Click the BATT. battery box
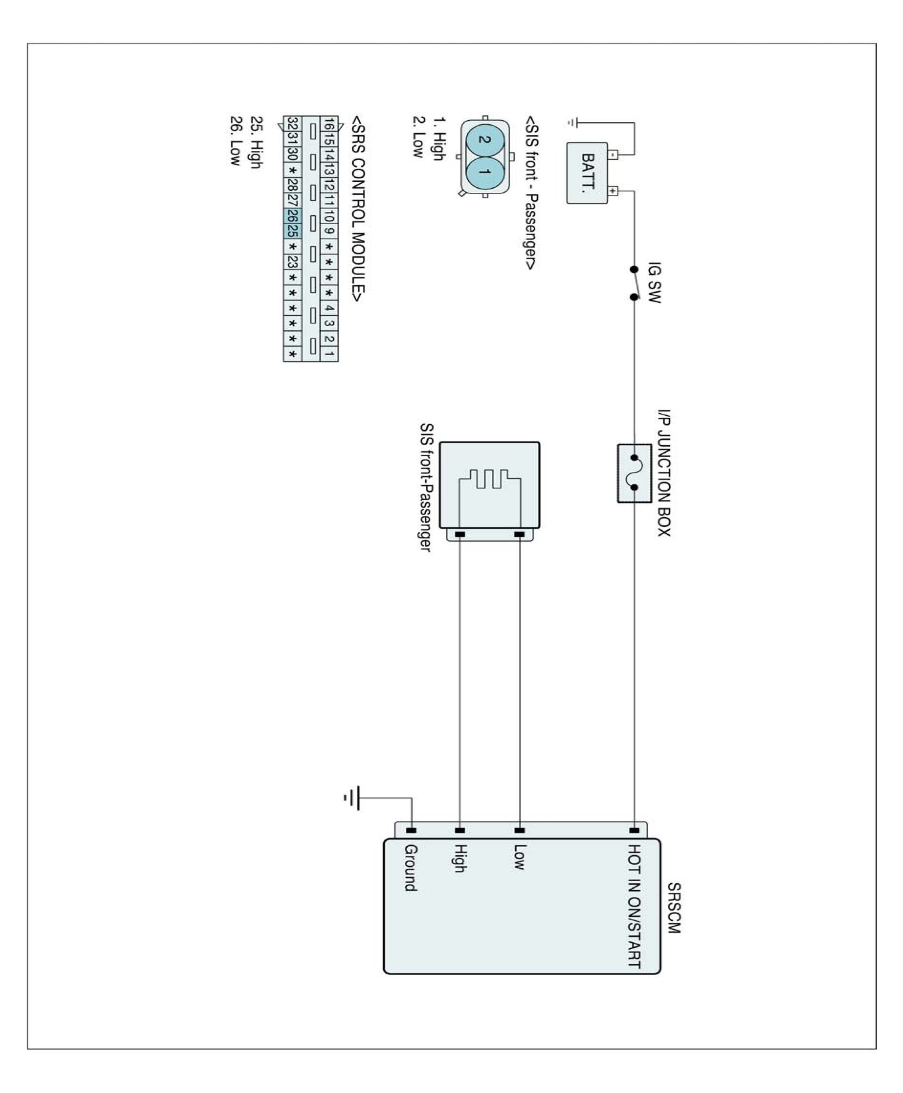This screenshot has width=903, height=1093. [587, 173]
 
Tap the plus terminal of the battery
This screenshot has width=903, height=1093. [613, 191]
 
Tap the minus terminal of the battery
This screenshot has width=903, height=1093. [613, 154]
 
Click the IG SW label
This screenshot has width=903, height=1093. [654, 282]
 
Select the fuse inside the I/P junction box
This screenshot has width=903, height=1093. [635, 473]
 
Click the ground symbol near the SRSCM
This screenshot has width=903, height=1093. [353, 798]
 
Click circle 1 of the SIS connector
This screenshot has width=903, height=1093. [485, 172]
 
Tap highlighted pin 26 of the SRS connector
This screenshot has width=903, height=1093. [293, 216]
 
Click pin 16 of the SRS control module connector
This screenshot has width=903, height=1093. [329, 124]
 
